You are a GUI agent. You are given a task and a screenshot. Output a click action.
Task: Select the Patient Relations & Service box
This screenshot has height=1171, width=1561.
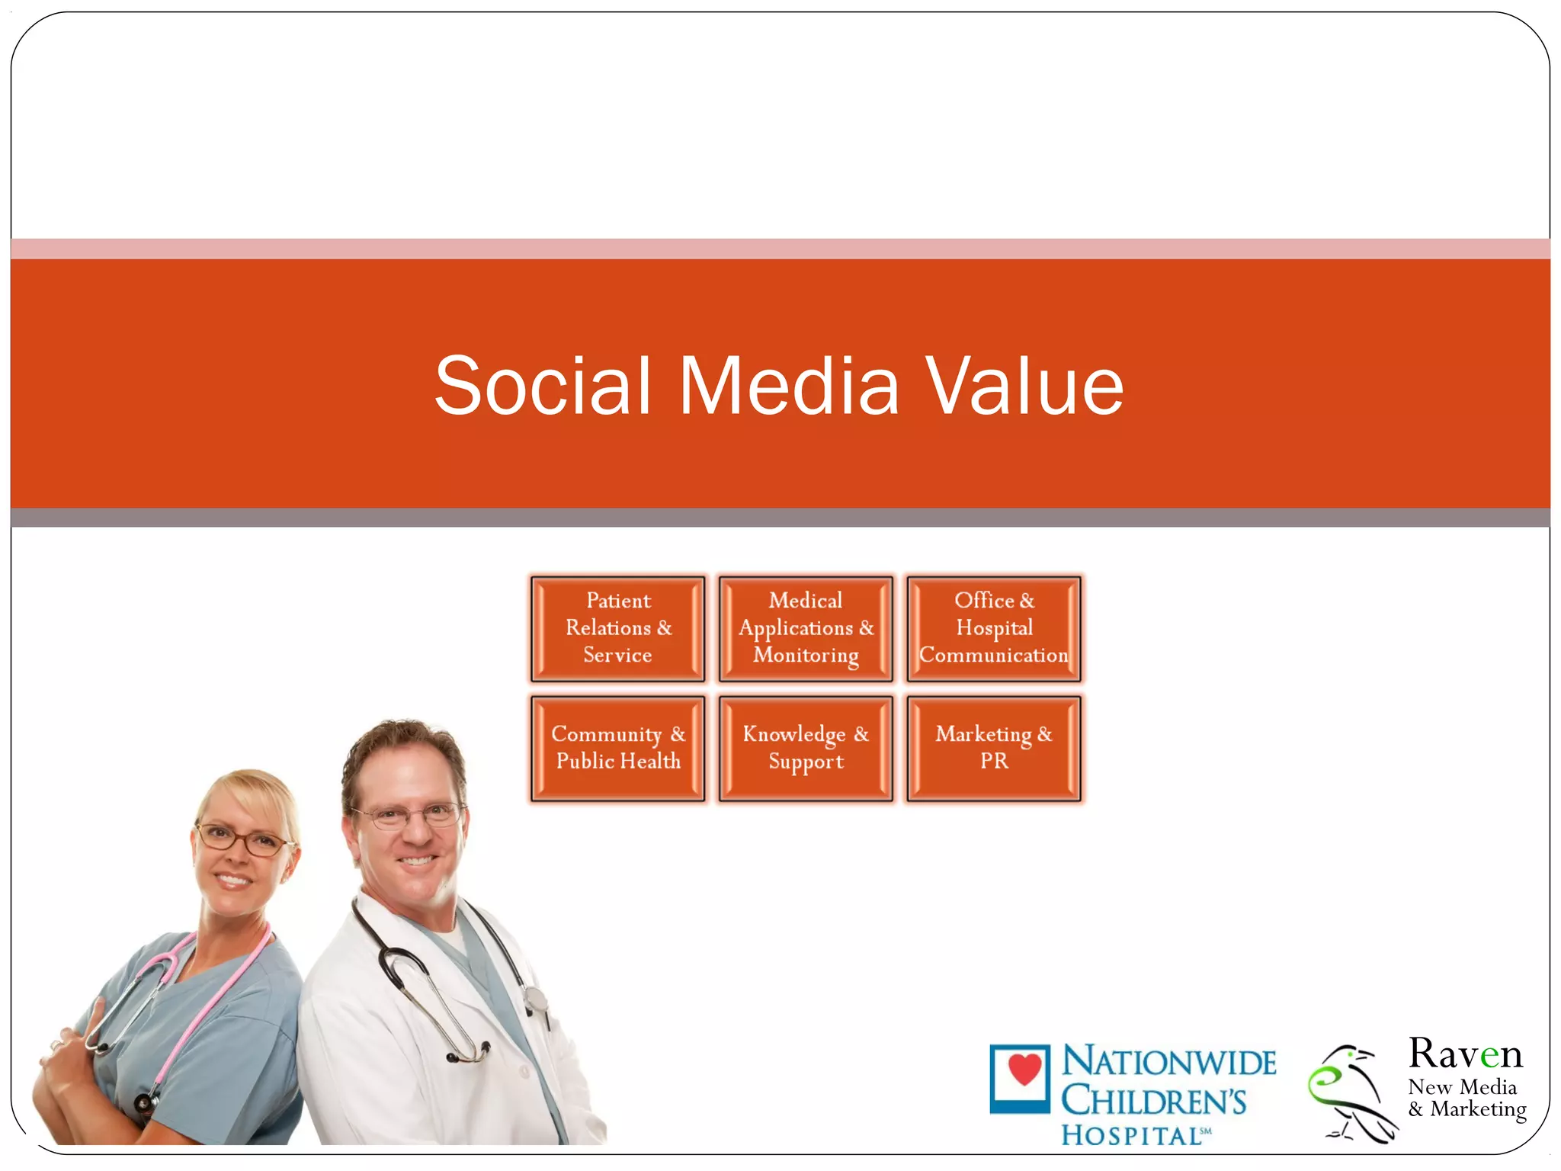click(x=617, y=628)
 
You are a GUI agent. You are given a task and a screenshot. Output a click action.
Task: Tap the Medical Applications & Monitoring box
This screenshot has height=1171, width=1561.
click(x=806, y=628)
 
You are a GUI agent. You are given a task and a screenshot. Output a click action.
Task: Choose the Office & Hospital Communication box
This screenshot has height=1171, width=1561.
click(x=994, y=628)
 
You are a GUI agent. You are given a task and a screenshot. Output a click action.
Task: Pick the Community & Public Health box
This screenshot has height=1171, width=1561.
click(x=617, y=747)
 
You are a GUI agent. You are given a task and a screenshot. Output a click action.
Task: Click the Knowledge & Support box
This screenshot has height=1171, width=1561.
click(x=806, y=747)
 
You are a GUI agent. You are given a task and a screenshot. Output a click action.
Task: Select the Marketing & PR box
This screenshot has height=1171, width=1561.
click(x=994, y=747)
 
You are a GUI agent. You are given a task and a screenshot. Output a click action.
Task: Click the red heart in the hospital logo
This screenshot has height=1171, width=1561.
click(x=1024, y=1069)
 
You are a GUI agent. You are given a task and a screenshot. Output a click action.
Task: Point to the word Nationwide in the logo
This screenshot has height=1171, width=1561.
click(x=1168, y=1062)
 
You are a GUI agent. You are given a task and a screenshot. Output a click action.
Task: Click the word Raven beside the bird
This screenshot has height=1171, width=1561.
click(x=1464, y=1054)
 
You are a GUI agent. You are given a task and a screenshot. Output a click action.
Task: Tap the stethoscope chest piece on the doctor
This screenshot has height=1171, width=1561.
click(x=537, y=999)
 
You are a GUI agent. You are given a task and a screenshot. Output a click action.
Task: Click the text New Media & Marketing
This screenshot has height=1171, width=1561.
click(x=1466, y=1098)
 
